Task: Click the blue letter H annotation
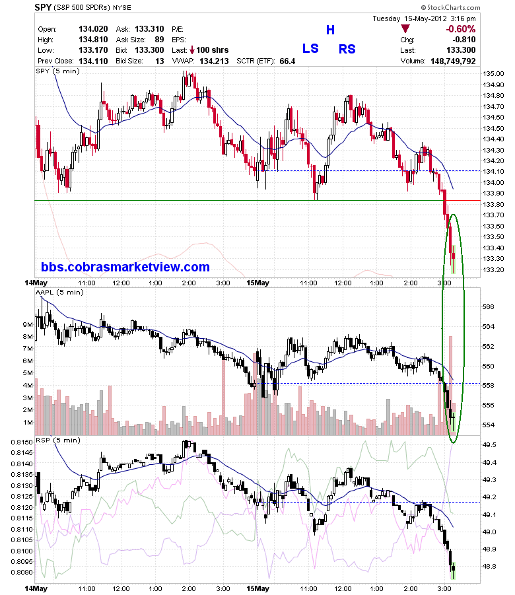click(330, 30)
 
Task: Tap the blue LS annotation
click(310, 49)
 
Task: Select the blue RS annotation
click(347, 49)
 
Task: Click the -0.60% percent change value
click(460, 29)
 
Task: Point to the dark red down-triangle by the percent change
click(405, 29)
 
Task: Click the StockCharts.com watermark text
click(450, 7)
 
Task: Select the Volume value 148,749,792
click(453, 61)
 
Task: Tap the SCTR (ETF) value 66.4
click(287, 61)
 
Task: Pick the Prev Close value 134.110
click(93, 61)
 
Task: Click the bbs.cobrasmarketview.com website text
click(125, 267)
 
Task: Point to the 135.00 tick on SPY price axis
click(493, 74)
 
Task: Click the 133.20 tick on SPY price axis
click(493, 270)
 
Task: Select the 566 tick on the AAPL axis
click(489, 306)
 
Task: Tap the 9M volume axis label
click(28, 324)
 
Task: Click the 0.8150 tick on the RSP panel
click(22, 442)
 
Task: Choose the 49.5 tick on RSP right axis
click(490, 444)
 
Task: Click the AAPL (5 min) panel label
click(59, 292)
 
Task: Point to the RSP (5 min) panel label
click(58, 440)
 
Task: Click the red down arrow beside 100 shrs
click(192, 50)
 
